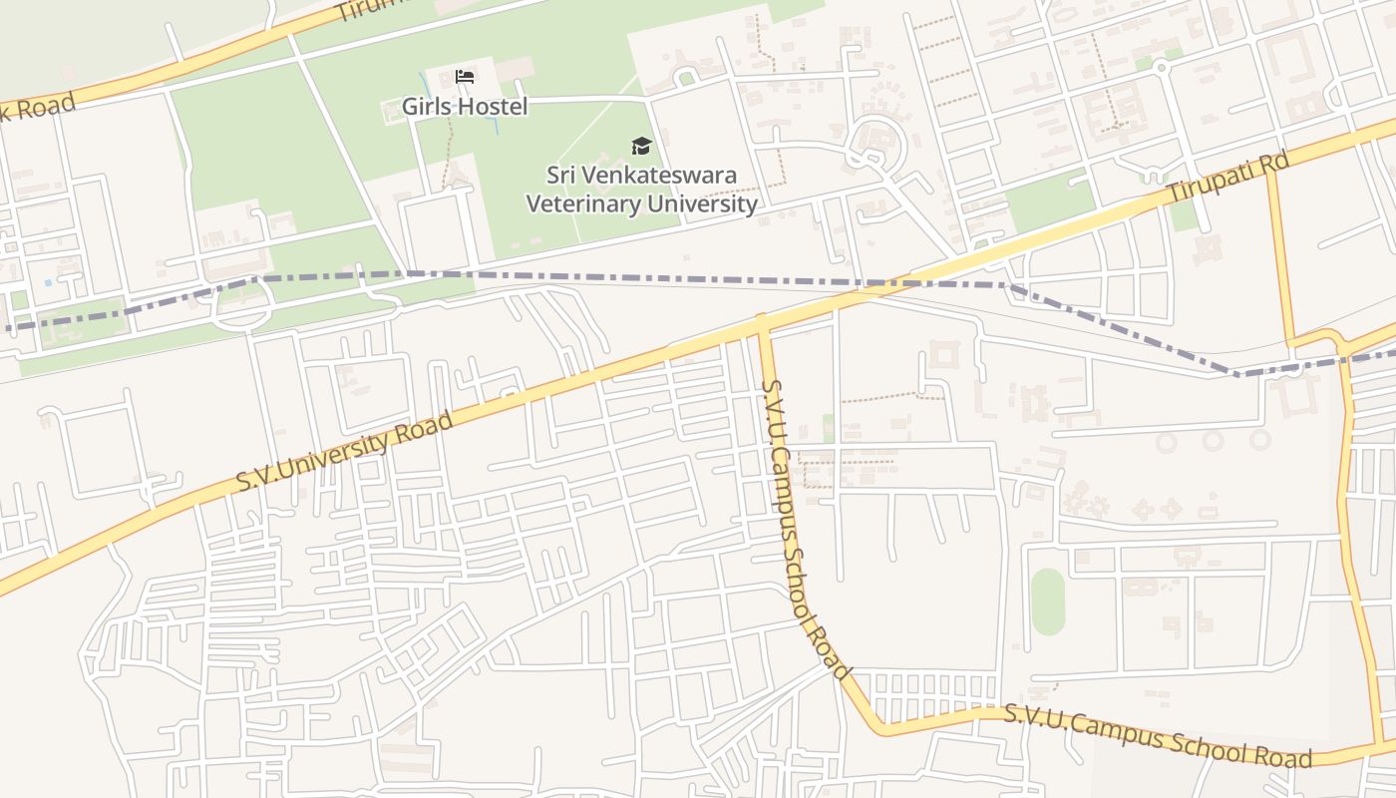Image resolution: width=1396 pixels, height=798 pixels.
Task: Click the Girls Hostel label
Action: pos(464,106)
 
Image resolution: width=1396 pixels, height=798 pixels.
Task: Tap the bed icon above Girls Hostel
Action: pos(464,76)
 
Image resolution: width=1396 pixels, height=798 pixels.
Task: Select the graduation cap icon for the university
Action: pos(641,147)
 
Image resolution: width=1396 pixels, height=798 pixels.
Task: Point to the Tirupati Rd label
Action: pos(1228,180)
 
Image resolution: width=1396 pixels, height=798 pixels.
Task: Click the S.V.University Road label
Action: pos(345,451)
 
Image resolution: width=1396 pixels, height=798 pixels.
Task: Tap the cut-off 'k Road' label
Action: pos(38,109)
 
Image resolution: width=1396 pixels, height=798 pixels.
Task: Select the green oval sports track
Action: pos(1048,601)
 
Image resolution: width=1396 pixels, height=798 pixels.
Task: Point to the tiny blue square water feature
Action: pos(48,283)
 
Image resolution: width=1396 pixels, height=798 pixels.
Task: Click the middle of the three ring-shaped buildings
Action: pos(1212,440)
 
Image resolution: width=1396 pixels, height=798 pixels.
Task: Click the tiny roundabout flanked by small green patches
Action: pos(1160,66)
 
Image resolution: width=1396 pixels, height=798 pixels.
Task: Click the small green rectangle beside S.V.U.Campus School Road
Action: pos(829,428)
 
